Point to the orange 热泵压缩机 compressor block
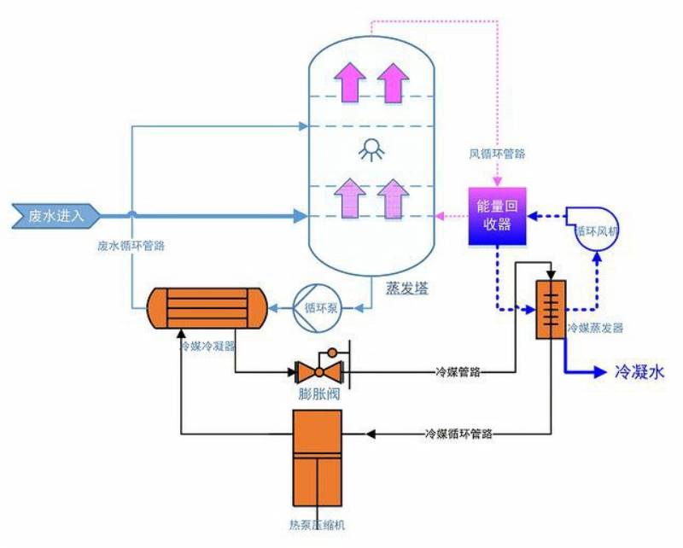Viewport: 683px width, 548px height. [317, 455]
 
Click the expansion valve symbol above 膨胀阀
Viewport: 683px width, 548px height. [318, 370]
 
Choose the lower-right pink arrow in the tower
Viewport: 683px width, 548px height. [394, 198]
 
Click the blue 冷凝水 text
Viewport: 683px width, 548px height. [639, 372]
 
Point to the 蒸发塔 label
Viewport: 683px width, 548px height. [406, 289]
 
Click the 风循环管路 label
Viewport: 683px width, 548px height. [497, 154]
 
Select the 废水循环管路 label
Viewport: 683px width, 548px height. [131, 245]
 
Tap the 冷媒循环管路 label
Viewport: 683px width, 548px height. [459, 434]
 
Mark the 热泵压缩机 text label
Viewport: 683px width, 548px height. [317, 523]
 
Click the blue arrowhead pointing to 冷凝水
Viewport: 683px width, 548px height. [601, 372]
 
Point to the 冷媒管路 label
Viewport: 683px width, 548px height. [458, 372]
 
